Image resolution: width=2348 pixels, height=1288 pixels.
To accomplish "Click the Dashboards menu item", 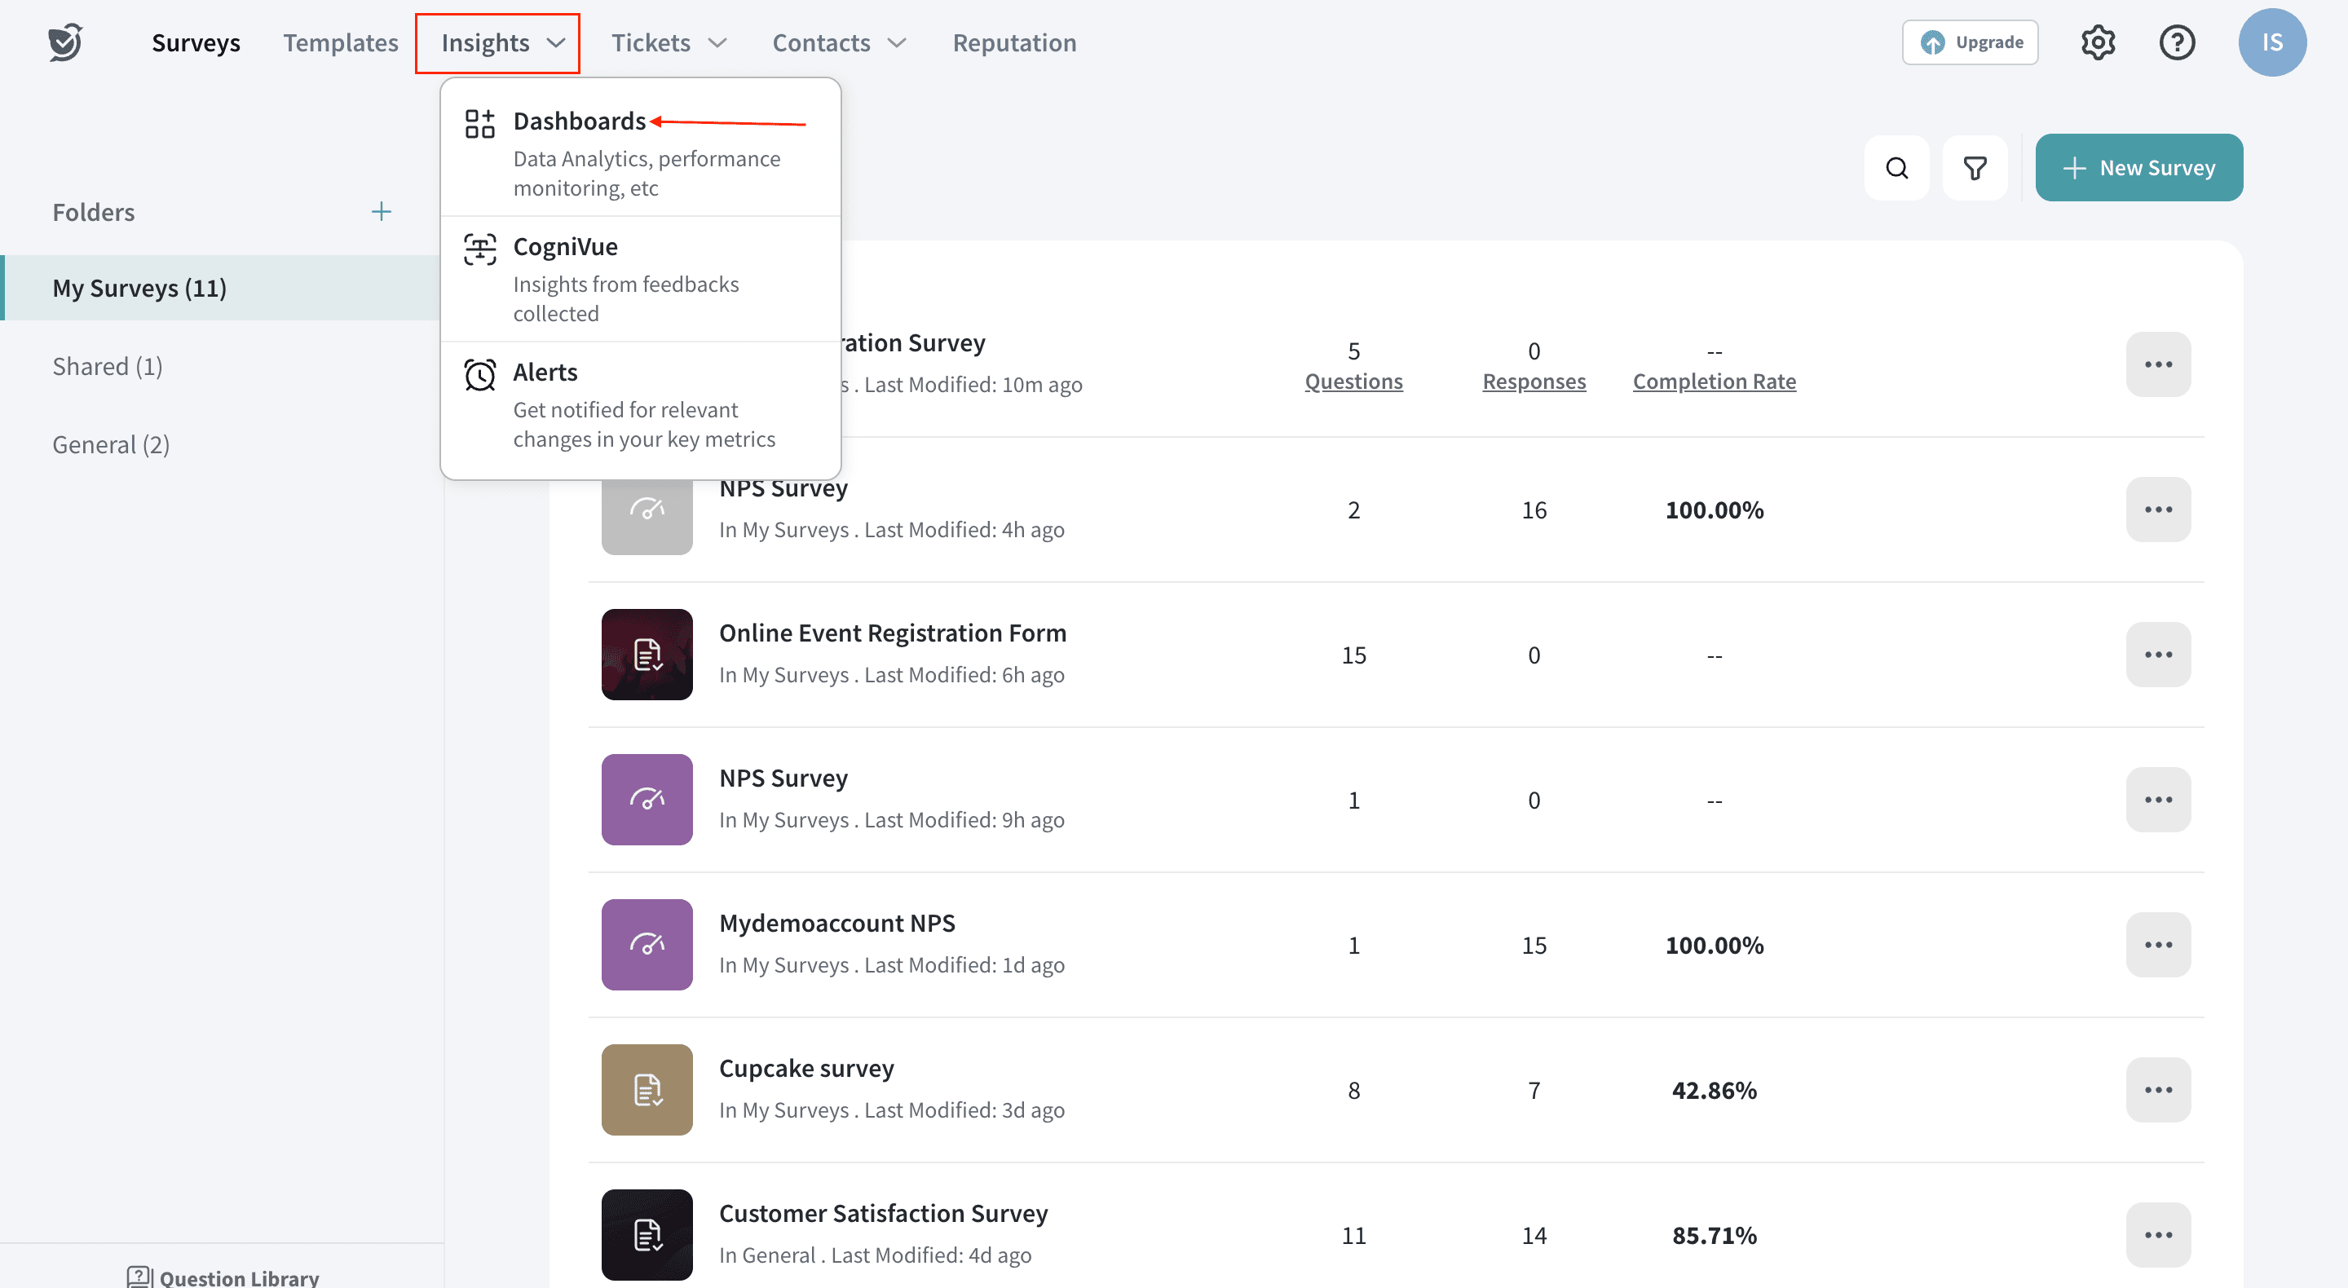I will click(580, 121).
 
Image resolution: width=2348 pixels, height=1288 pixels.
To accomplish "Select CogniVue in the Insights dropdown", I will click(565, 247).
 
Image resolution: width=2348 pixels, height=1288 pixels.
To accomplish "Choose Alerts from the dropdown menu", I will click(545, 373).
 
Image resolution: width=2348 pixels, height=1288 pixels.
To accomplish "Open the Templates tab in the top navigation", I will click(340, 43).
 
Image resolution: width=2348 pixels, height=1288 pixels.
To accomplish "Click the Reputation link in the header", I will click(1014, 43).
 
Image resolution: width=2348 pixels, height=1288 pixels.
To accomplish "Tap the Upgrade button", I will click(1970, 43).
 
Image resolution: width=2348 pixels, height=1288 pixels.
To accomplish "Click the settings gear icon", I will click(2098, 43).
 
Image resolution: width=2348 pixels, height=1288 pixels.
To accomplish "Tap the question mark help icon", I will click(2177, 43).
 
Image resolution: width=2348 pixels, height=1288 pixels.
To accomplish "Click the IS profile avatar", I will click(2271, 43).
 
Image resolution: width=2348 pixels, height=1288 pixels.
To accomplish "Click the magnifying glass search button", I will click(1897, 169).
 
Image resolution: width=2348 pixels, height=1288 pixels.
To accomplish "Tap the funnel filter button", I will click(1975, 169).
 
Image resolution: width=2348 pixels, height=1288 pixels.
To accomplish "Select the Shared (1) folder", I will click(108, 367).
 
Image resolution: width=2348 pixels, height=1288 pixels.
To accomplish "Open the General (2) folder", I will click(111, 445).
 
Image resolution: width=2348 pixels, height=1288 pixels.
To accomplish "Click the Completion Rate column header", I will click(1714, 382).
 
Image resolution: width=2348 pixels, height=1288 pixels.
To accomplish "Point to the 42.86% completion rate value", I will click(1714, 1090).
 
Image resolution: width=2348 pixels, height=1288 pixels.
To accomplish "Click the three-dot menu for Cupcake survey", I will click(2157, 1090).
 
